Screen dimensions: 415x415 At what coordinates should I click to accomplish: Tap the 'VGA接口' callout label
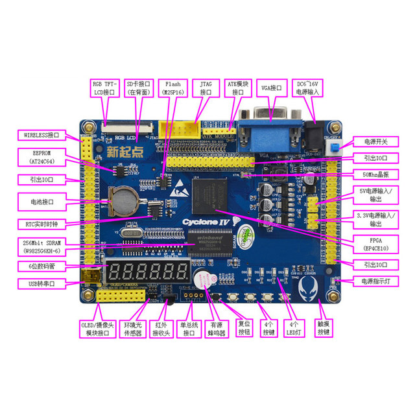[272, 88]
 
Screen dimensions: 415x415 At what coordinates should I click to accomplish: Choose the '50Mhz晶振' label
[374, 174]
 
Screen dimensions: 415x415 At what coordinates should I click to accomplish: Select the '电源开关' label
[374, 141]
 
